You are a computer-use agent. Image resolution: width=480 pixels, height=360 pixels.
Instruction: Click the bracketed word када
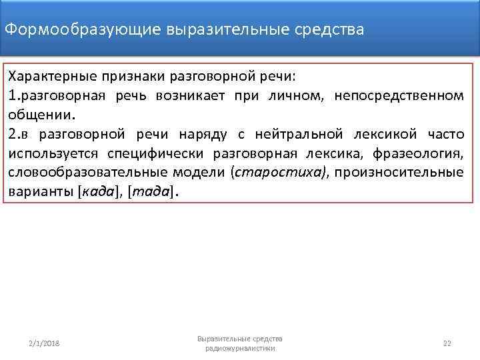(x=99, y=193)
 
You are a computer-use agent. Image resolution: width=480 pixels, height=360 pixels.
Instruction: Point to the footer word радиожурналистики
(x=240, y=349)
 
